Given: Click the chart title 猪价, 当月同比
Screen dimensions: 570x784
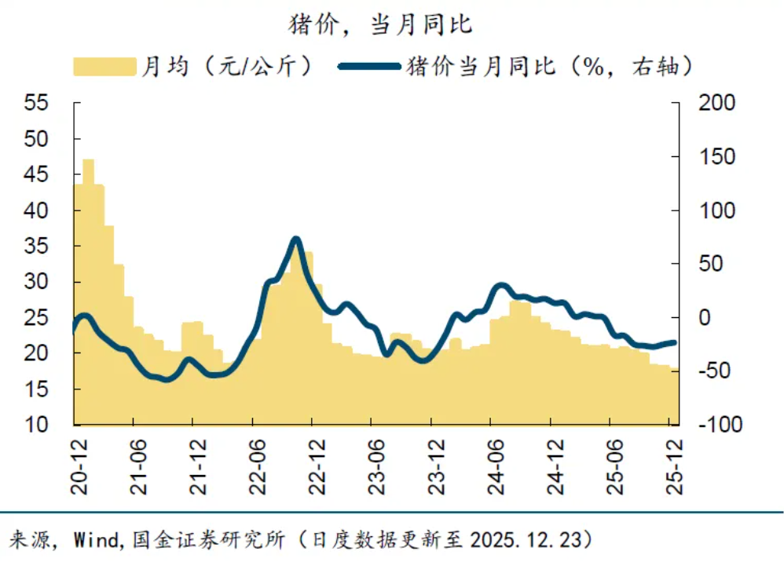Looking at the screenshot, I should click(x=381, y=24).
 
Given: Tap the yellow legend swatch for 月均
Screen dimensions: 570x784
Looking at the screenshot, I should click(x=104, y=66).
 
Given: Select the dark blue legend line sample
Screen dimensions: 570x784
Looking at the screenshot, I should click(x=368, y=66).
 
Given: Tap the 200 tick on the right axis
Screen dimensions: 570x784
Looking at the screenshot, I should click(x=714, y=104).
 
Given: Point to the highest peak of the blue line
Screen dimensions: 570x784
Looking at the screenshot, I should click(x=295, y=239).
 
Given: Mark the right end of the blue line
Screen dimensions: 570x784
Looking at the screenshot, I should click(x=674, y=342).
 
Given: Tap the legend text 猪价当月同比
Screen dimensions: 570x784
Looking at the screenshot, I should click(x=480, y=66).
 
